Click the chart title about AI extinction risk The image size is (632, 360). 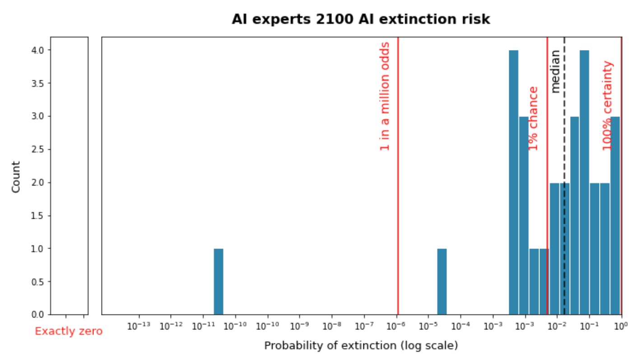tap(361, 19)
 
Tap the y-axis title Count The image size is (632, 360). tap(16, 177)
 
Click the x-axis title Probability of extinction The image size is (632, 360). tap(361, 346)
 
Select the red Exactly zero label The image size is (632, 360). tap(69, 331)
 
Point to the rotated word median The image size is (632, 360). tap(555, 71)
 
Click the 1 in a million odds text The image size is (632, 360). tap(385, 97)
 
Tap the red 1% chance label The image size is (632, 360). tap(533, 119)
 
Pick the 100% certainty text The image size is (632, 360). tap(607, 106)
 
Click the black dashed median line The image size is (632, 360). tap(564, 175)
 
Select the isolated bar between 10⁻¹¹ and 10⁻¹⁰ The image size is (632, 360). tap(218, 282)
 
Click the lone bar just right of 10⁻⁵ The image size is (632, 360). tap(442, 282)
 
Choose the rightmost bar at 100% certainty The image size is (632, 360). tap(615, 216)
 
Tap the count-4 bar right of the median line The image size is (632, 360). tap(584, 182)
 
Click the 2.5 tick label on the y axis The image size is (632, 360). tap(38, 149)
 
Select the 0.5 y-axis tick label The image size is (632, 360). tap(38, 282)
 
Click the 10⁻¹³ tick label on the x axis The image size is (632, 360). tap(139, 326)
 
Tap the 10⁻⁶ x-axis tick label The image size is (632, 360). tap(396, 326)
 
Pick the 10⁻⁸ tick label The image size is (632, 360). tap(332, 326)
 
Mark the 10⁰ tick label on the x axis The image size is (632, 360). tap(621, 326)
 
